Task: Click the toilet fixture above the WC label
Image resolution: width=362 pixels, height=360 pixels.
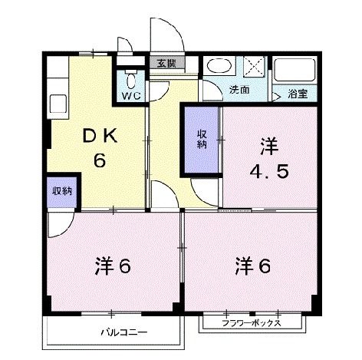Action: (x=130, y=79)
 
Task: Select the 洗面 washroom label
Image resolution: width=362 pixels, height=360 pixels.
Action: (x=239, y=89)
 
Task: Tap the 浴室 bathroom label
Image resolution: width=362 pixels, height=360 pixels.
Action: (x=299, y=94)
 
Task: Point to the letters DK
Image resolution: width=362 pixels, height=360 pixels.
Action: (x=98, y=136)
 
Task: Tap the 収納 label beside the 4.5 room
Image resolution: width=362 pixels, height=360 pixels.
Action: (x=202, y=138)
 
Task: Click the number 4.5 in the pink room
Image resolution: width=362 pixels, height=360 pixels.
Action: (x=268, y=171)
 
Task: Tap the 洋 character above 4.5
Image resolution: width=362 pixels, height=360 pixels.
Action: (x=268, y=144)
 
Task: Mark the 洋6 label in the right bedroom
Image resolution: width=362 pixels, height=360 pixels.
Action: (x=254, y=266)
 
